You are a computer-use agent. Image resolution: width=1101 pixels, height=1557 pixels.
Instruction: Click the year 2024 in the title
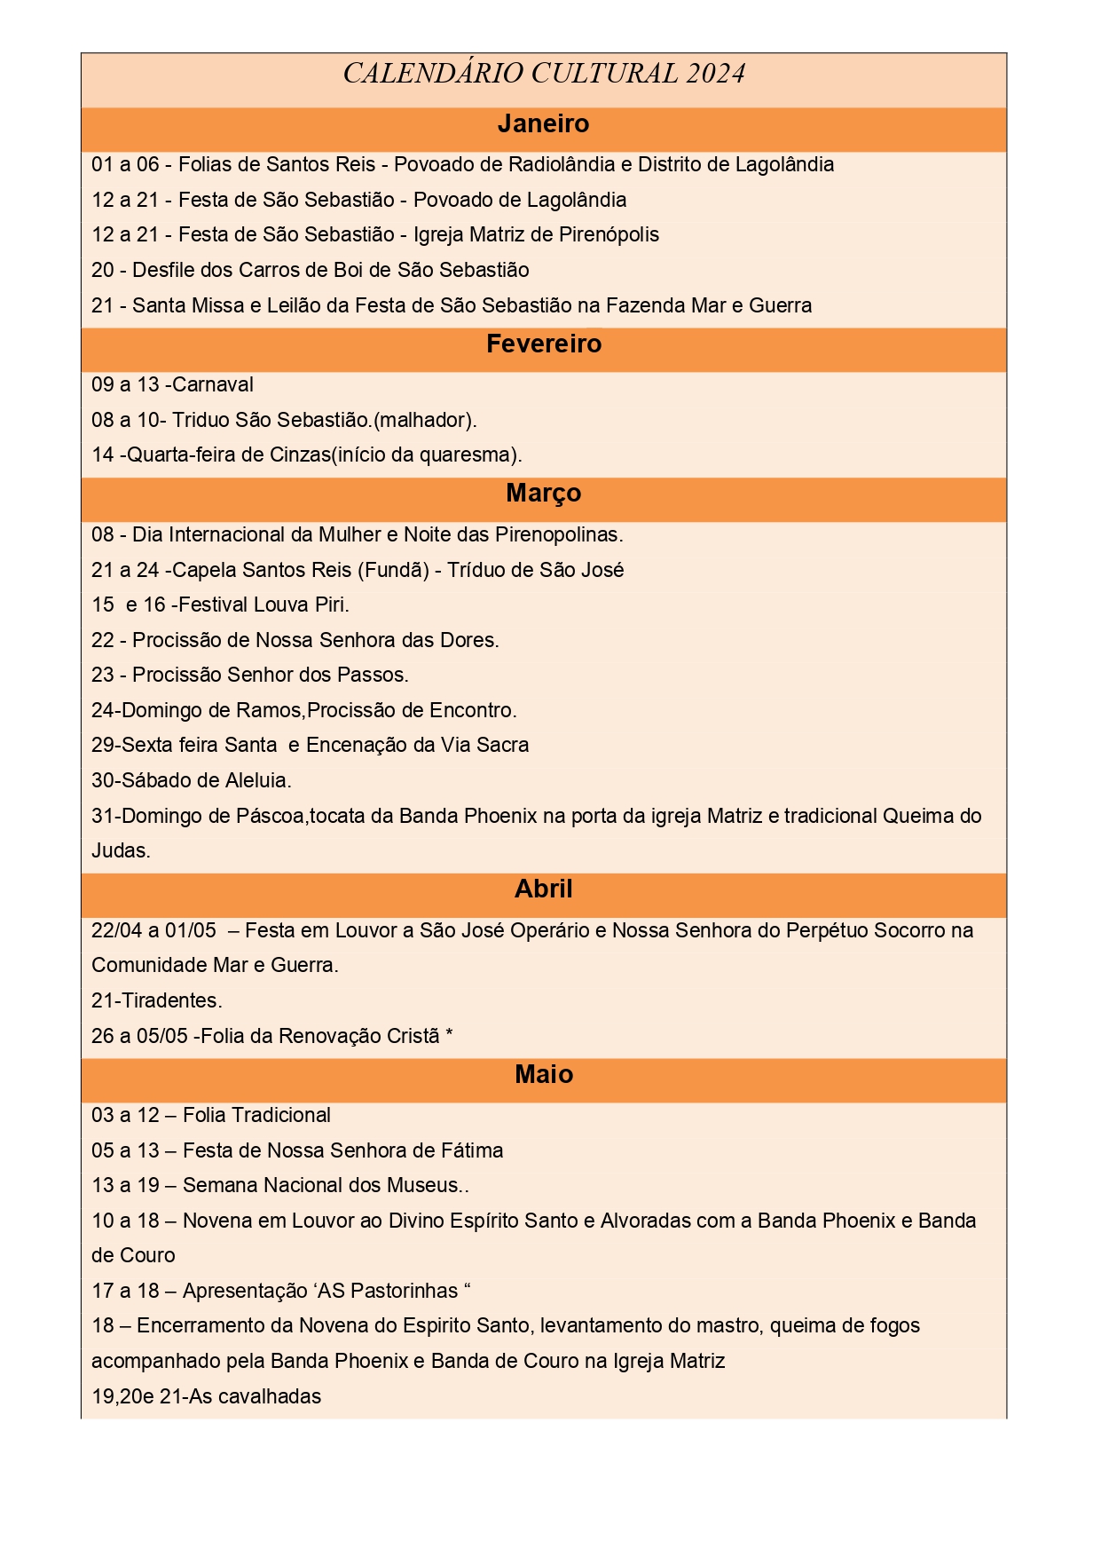click(x=715, y=74)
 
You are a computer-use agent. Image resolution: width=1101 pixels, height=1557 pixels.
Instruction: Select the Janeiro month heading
click(x=543, y=124)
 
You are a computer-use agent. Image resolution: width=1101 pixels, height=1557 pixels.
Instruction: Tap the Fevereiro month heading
click(x=543, y=344)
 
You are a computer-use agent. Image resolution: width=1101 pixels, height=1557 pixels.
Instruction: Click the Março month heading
click(x=543, y=494)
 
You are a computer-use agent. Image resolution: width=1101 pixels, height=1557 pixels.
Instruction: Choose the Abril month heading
click(x=543, y=889)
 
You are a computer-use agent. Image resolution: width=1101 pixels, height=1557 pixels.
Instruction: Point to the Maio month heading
click(x=543, y=1075)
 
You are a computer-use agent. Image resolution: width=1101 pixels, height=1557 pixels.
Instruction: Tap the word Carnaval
click(x=213, y=384)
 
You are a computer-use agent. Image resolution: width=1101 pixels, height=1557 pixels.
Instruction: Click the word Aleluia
click(x=256, y=780)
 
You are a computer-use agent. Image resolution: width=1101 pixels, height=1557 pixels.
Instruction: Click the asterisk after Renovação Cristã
click(x=449, y=1035)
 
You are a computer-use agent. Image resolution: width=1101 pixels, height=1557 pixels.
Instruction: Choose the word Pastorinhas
click(x=405, y=1291)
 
